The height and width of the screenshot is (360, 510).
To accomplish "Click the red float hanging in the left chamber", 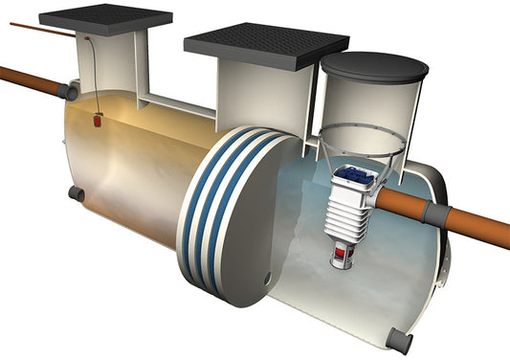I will click(x=99, y=121).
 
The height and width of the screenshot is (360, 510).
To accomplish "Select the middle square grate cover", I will click(x=265, y=45).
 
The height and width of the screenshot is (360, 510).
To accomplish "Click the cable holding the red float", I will click(x=93, y=77).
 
